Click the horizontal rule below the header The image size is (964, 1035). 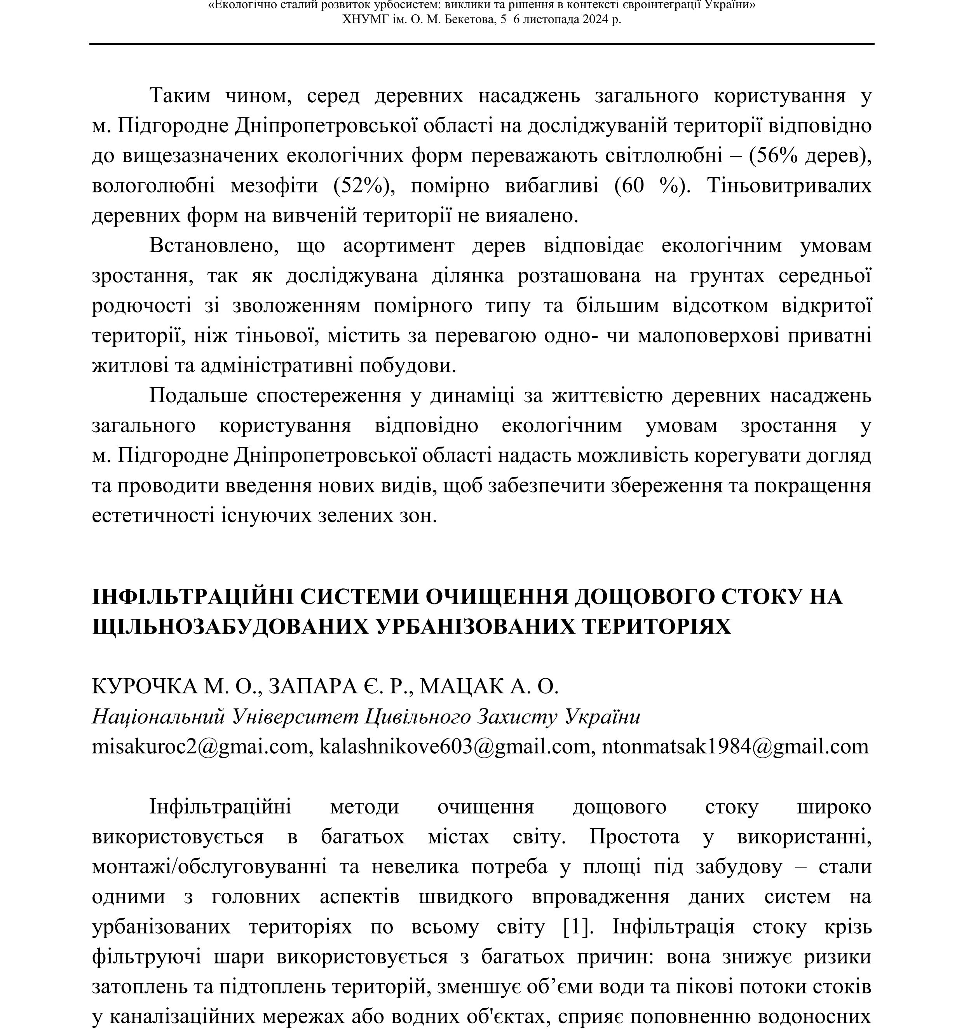pos(481,44)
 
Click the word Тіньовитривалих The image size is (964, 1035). pos(789,186)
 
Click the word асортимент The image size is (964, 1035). pos(398,245)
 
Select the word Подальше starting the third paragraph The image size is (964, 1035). pos(198,396)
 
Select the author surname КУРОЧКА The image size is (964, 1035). pos(144,687)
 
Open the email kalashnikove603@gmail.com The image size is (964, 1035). pos(454,747)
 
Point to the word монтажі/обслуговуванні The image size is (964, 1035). pos(209,867)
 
